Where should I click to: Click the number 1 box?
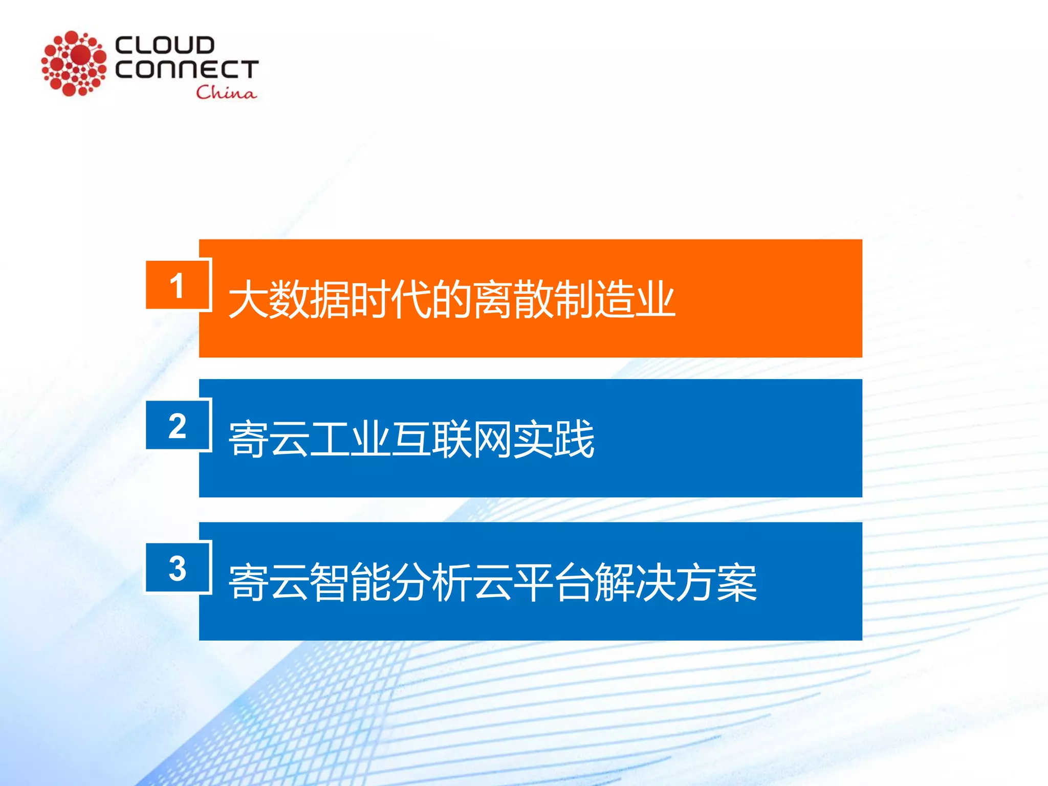(x=178, y=285)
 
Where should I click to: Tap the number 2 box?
(x=178, y=425)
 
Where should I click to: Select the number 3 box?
(x=178, y=568)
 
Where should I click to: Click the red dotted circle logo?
(x=74, y=63)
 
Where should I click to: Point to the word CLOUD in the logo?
(x=164, y=45)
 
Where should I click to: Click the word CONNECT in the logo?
(x=187, y=69)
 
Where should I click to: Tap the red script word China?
(x=226, y=93)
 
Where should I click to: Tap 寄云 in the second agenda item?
(x=269, y=439)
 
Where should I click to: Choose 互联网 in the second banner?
(x=451, y=439)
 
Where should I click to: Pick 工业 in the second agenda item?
(x=350, y=439)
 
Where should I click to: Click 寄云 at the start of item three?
(x=269, y=582)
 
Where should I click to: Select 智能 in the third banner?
(x=350, y=582)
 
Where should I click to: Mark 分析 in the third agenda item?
(x=431, y=582)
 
